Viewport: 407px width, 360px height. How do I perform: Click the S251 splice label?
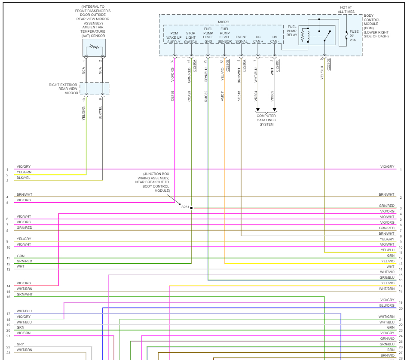click(185, 207)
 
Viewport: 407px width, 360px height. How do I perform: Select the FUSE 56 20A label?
click(354, 36)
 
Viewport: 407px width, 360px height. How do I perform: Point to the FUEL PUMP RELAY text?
click(292, 31)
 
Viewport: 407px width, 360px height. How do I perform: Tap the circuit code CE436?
click(172, 95)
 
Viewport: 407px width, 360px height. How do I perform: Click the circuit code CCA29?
click(189, 95)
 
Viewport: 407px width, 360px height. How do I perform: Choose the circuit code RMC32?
click(206, 95)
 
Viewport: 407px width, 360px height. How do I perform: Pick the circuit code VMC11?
click(222, 95)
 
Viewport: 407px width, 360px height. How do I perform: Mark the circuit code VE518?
click(239, 95)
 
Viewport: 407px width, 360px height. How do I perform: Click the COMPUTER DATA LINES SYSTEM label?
click(266, 120)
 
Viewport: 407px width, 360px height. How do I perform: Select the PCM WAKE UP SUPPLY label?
click(174, 37)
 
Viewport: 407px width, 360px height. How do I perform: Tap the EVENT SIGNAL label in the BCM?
click(242, 39)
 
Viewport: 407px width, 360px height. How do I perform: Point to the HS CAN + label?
click(258, 39)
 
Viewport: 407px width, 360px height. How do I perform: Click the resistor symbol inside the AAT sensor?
click(94, 46)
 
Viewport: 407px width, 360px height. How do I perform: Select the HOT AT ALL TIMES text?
click(346, 9)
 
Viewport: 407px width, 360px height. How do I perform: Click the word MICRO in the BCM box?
click(223, 22)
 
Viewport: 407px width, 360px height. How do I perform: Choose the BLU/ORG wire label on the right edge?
click(387, 305)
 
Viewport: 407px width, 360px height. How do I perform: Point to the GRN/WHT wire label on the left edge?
click(24, 294)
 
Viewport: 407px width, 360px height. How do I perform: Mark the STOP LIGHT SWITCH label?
click(191, 37)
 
